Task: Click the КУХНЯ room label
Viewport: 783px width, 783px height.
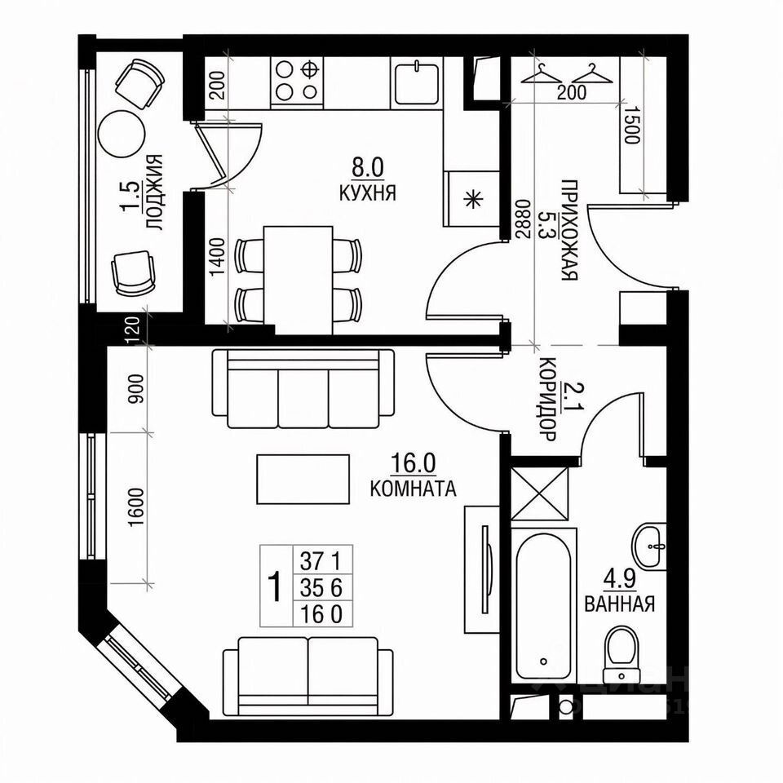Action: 367,193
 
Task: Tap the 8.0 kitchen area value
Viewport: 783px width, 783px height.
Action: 367,168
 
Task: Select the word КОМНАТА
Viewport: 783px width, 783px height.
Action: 412,489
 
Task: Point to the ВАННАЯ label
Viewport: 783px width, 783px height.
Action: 620,604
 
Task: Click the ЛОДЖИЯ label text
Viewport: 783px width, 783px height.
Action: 154,194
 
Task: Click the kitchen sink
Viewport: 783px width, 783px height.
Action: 418,82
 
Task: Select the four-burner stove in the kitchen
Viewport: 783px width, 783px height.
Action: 295,81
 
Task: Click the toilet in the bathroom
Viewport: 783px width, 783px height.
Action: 622,652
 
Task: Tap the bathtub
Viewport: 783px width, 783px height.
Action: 544,604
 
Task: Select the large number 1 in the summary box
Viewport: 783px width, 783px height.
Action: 276,585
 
